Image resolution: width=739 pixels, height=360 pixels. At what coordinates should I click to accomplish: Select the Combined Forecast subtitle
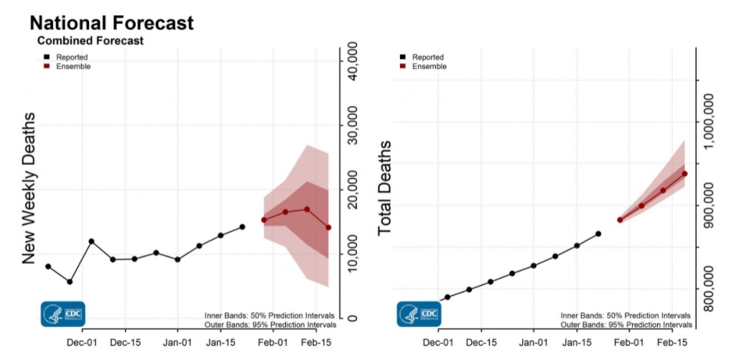(90, 41)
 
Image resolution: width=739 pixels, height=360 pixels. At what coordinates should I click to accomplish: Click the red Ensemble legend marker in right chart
(403, 66)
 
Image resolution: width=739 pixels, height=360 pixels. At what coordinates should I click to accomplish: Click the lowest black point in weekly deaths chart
(70, 282)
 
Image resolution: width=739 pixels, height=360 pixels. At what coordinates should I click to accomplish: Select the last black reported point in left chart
(242, 227)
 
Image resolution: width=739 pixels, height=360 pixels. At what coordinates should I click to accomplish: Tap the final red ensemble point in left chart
(328, 228)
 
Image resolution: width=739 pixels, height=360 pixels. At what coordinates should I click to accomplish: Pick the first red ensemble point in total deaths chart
(620, 220)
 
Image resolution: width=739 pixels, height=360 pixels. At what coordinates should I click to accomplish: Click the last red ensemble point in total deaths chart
(684, 173)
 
